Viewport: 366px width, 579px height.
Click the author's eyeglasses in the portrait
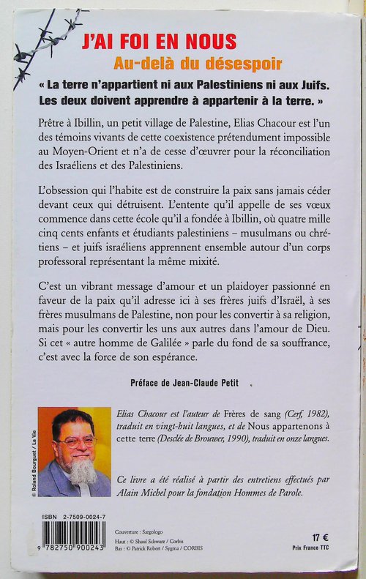(x=79, y=443)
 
